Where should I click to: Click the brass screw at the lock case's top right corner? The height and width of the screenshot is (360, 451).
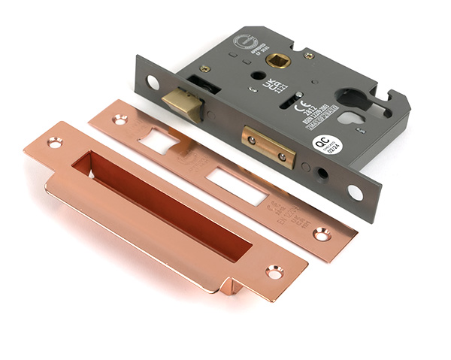pos(309,55)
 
